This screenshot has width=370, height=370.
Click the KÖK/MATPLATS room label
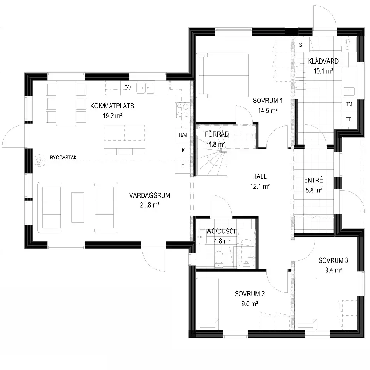(x=112, y=106)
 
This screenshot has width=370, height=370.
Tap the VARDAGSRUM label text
(x=149, y=195)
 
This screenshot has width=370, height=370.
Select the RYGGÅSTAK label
(x=63, y=158)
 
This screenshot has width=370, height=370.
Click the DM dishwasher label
(x=128, y=88)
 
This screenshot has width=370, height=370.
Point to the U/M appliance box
(x=183, y=135)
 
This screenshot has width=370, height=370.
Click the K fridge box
(x=183, y=151)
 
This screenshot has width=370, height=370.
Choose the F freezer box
(x=183, y=166)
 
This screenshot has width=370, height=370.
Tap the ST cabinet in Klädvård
(x=302, y=44)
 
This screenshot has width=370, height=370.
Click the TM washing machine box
(x=349, y=104)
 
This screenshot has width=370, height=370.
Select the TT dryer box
(x=349, y=119)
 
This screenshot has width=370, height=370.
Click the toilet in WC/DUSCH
(x=219, y=259)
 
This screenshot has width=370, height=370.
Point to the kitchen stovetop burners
(x=183, y=110)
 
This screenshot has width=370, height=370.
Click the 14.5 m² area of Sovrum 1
(x=268, y=110)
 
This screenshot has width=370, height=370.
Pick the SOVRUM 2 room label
(x=250, y=294)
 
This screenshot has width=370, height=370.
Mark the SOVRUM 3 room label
(x=333, y=260)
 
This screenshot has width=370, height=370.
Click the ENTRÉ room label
(x=313, y=180)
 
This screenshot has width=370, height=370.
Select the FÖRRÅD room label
(x=216, y=134)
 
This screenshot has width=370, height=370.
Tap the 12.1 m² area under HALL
(x=260, y=186)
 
